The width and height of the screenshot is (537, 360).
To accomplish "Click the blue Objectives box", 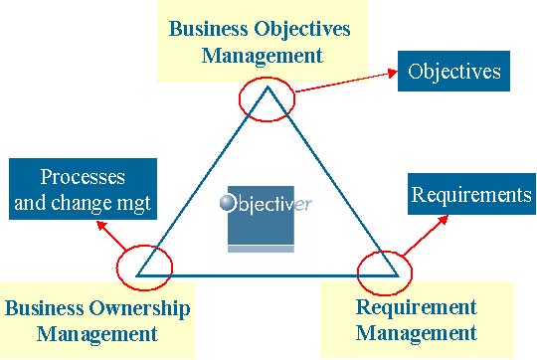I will point(454,73).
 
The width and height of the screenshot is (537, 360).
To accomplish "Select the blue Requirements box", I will point(471,194).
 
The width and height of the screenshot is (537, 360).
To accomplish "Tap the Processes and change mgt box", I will point(82,192).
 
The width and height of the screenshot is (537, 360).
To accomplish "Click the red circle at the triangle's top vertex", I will point(268,99).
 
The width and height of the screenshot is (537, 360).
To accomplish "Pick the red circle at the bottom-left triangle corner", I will point(144,266).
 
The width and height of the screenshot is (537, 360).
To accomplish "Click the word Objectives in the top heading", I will point(301,28).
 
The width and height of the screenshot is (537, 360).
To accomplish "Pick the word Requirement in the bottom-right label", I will point(416,307).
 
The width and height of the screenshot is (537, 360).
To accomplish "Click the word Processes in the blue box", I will point(83,177).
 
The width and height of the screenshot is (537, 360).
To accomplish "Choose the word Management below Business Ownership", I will point(97,333).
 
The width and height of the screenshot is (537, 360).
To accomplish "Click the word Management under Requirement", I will point(416,332).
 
